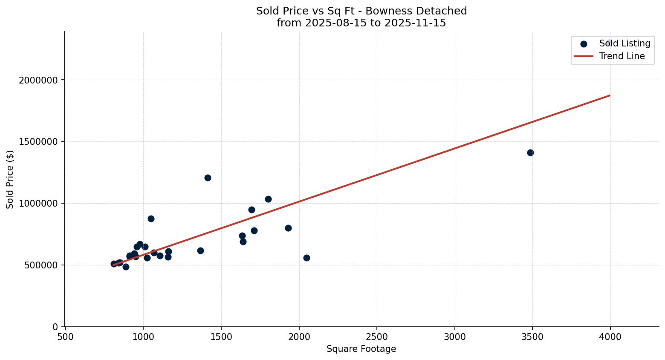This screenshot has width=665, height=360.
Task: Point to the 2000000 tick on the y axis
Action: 39,80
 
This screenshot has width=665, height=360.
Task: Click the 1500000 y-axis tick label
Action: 39,142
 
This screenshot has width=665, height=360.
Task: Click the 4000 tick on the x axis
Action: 610,337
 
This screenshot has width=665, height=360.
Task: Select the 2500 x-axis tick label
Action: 376,337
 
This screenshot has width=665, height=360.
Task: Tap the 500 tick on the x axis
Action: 65,337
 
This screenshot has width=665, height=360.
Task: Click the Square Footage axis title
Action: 361,349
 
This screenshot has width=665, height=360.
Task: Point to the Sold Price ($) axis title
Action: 10,179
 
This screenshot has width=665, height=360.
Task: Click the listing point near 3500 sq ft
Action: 530,153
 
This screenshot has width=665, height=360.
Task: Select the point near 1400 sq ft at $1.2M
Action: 208,178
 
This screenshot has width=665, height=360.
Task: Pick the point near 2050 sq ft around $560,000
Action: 306,258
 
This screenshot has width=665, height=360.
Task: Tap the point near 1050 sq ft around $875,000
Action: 151,219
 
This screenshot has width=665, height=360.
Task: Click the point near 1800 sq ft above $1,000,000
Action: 268,199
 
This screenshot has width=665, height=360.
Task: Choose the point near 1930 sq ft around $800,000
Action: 288,228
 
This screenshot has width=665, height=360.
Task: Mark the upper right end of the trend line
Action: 610,95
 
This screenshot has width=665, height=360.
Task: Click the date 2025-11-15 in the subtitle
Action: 415,23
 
